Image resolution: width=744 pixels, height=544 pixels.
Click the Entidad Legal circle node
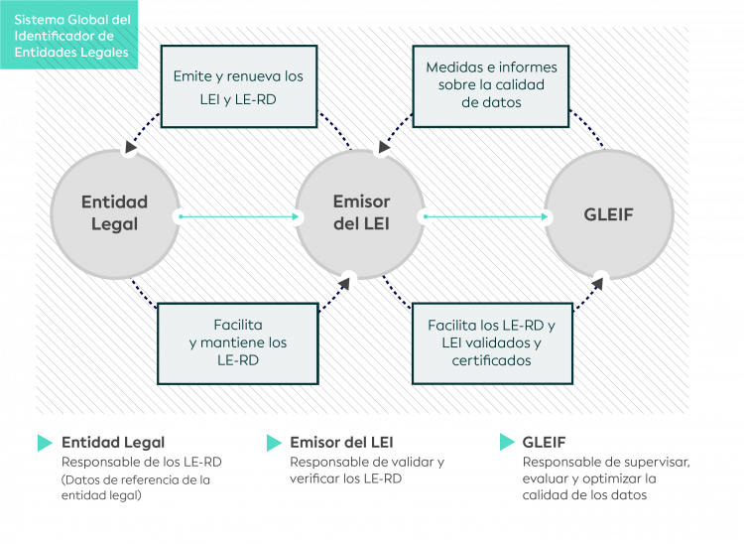(114, 213)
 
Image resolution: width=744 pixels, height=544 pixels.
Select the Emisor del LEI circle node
(361, 213)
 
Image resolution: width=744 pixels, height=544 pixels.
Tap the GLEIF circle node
(609, 213)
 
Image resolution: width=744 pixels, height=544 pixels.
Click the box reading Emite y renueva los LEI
(238, 84)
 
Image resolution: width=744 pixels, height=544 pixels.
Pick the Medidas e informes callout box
(491, 85)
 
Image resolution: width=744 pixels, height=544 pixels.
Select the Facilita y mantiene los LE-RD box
(238, 342)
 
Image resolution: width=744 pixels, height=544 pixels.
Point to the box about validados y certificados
(491, 342)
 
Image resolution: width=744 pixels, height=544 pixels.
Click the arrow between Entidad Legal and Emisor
(238, 215)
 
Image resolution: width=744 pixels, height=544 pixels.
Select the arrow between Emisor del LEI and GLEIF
(486, 215)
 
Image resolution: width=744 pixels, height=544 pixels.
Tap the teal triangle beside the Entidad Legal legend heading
(45, 443)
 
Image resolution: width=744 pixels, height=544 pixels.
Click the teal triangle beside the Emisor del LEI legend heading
(274, 443)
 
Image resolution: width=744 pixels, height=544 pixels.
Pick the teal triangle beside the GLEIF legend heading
(507, 443)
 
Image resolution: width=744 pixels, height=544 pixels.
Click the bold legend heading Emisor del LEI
(341, 443)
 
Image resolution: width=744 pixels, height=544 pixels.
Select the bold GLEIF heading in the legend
(544, 443)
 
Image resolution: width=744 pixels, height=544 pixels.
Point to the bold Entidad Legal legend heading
(113, 443)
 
